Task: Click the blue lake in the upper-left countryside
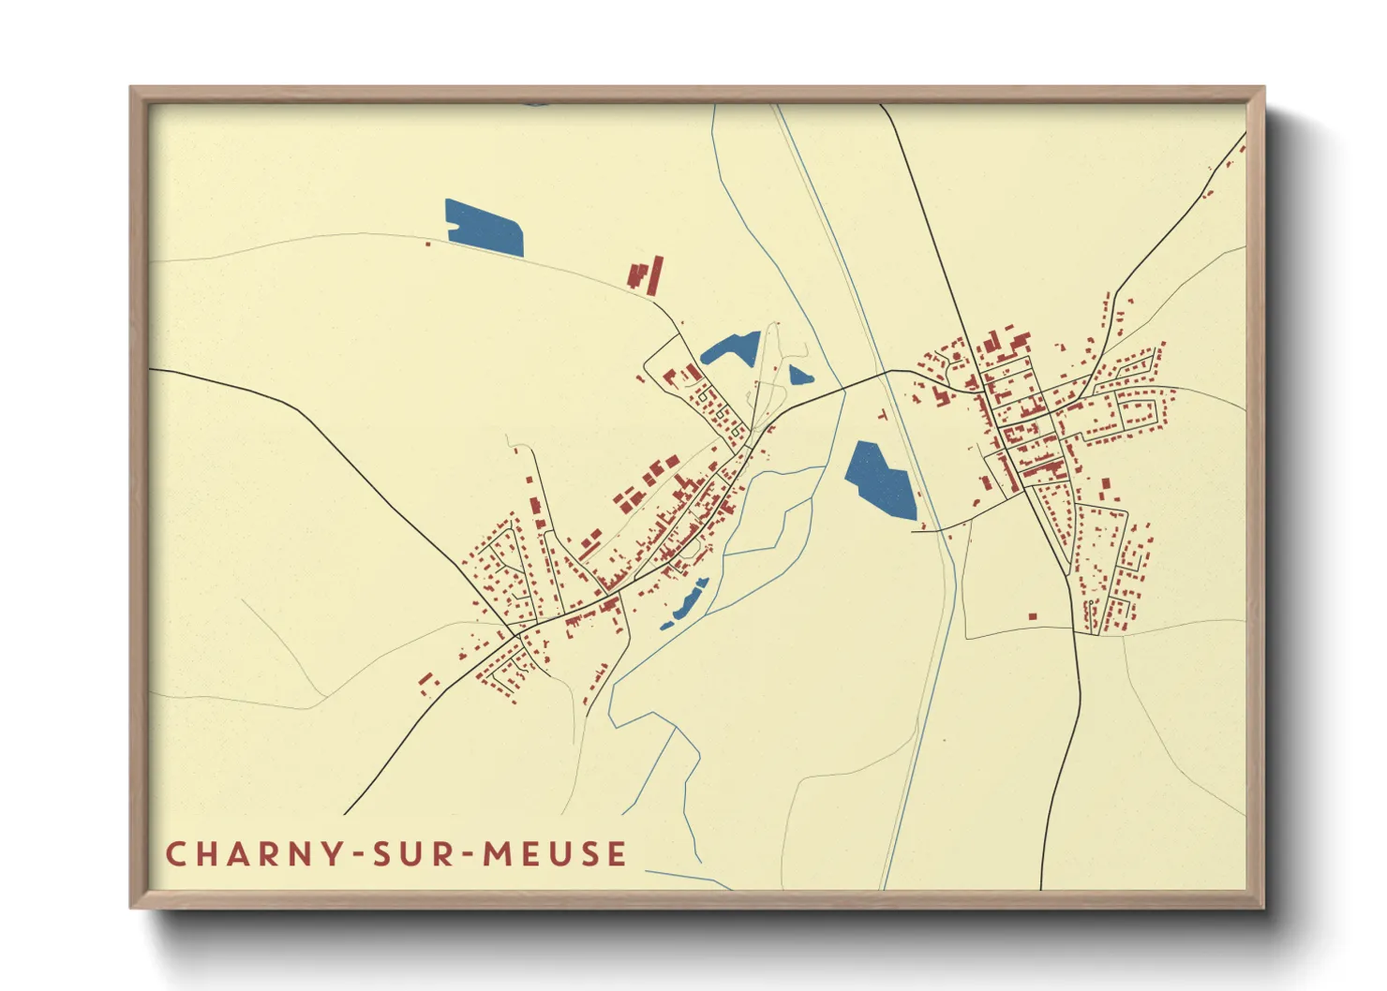[x=484, y=229]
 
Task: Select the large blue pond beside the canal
[x=880, y=480]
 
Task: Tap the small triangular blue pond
[x=799, y=377]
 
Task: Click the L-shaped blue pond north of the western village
[x=730, y=348]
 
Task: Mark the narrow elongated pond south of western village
[x=686, y=601]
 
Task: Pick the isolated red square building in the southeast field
[x=1033, y=616]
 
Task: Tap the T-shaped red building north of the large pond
[x=882, y=413]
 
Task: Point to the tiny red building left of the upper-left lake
[x=428, y=244]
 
